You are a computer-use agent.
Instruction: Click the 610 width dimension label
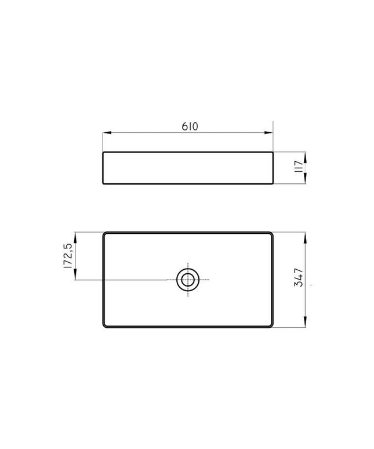(x=190, y=126)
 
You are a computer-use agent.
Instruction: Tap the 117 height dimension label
(x=299, y=166)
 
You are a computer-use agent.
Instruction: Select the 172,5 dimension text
(x=68, y=256)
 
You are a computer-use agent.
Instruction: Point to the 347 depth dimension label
(x=299, y=277)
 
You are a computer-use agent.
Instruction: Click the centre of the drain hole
(x=188, y=280)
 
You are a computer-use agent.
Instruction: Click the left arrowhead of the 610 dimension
(x=107, y=133)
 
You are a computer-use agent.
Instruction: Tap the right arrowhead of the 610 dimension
(x=268, y=133)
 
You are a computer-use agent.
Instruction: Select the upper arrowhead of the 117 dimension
(x=305, y=157)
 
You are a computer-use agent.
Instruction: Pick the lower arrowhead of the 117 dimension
(x=305, y=179)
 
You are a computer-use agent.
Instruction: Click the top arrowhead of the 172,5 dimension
(x=75, y=237)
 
